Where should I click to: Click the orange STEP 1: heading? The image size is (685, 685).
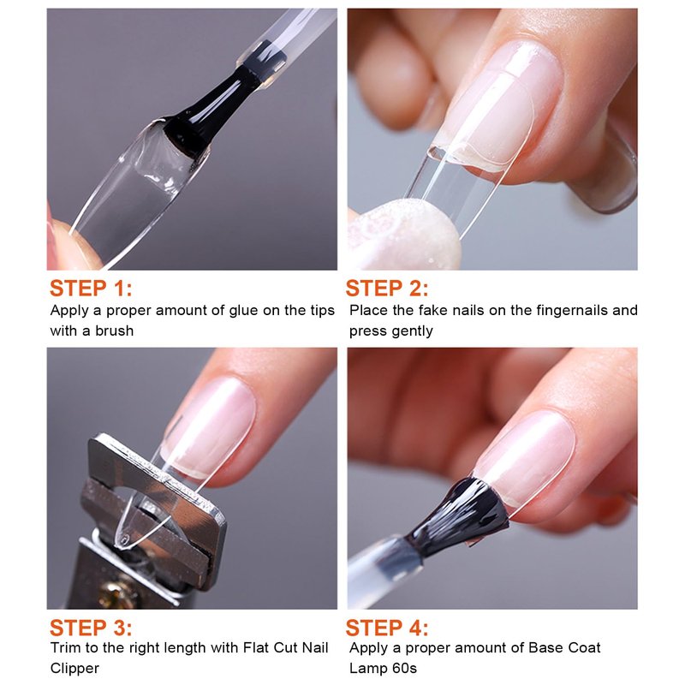(91, 289)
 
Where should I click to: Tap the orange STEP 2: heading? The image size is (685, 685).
(387, 289)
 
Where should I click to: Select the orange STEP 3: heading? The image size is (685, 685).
(91, 628)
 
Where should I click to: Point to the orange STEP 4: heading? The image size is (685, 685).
(387, 628)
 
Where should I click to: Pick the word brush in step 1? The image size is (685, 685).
(115, 331)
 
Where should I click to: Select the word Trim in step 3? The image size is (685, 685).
(66, 647)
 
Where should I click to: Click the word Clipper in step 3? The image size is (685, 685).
(74, 669)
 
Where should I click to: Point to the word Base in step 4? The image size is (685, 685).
(544, 647)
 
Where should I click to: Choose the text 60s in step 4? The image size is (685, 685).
(404, 669)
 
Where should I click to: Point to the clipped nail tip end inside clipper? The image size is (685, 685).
(122, 540)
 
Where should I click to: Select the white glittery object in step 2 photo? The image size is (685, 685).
(404, 234)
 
